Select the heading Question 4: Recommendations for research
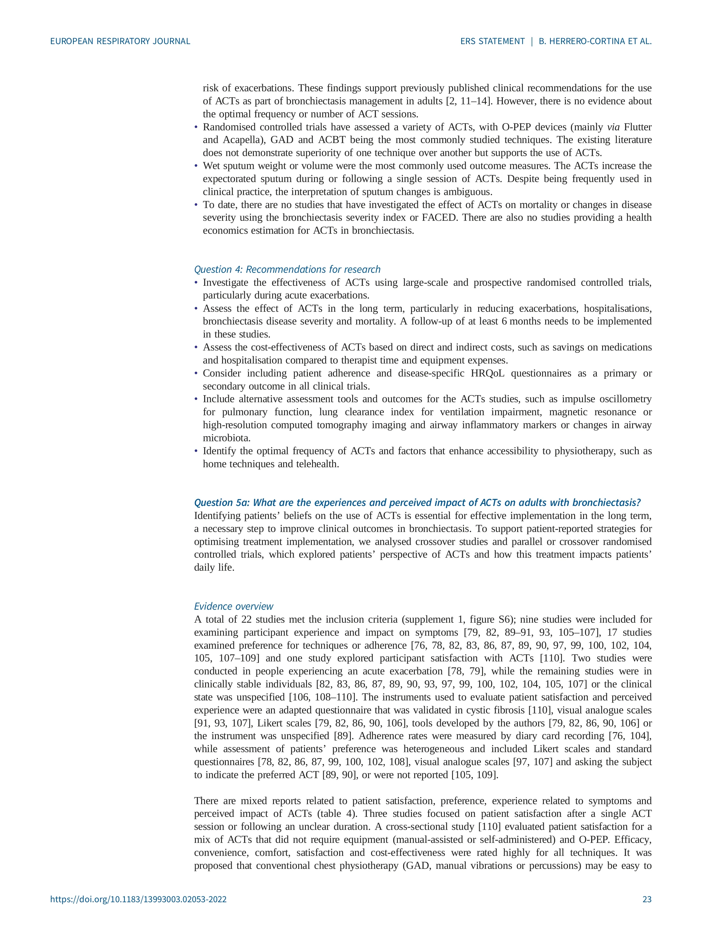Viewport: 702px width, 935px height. click(287, 269)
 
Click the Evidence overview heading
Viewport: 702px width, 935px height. click(234, 606)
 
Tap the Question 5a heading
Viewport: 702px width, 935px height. click(417, 502)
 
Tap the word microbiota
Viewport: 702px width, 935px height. click(226, 438)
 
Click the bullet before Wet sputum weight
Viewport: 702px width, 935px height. click(196, 166)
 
